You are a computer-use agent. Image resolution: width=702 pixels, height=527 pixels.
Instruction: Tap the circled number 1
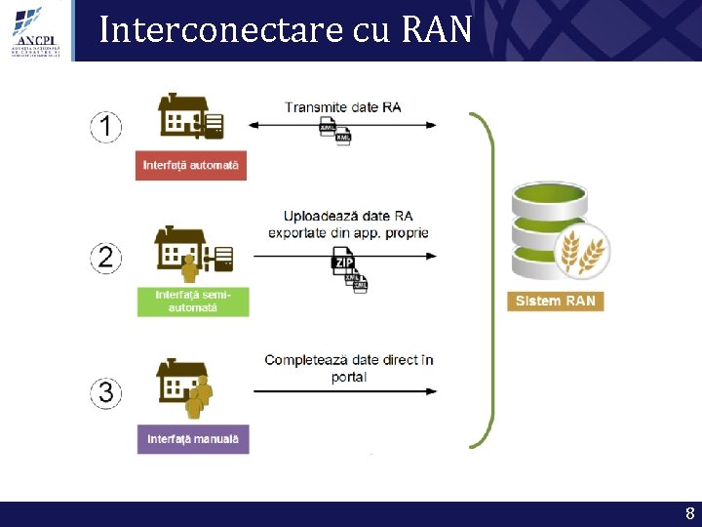(106, 126)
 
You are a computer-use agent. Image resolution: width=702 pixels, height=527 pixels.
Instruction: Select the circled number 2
(106, 258)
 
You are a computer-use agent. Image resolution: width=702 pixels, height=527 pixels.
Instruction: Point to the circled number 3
(106, 392)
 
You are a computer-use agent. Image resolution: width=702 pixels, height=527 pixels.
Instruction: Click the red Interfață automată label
(191, 165)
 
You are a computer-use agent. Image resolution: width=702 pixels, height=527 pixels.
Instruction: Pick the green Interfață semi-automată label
(192, 301)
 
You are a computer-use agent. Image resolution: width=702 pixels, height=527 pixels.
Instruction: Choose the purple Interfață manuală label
(192, 438)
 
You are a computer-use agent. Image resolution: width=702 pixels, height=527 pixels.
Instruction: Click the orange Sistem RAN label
(555, 301)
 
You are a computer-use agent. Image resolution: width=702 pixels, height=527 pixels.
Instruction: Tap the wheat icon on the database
(581, 250)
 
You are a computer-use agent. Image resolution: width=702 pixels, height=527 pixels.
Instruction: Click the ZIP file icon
(342, 263)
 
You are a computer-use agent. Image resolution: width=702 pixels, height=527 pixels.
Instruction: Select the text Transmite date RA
(342, 107)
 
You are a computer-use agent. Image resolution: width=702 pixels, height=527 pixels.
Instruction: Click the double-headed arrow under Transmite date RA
(342, 125)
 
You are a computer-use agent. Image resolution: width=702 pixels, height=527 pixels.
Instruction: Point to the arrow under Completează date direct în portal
(342, 391)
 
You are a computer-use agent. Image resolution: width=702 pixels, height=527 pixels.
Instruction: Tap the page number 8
(689, 514)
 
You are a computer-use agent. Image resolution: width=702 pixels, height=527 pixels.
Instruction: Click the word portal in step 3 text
(348, 377)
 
